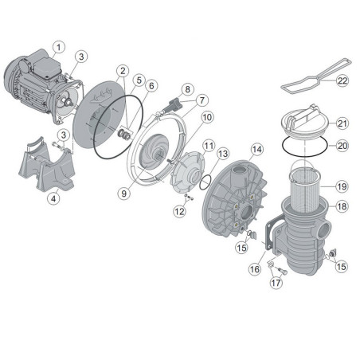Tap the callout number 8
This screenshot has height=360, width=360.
188,88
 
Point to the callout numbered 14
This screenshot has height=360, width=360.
256,149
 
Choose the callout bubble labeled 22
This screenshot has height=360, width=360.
342,80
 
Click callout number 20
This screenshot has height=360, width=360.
342,146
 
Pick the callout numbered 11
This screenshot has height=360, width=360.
208,145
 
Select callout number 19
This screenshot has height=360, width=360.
342,186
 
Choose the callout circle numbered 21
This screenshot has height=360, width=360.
342,123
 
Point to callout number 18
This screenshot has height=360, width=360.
342,207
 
